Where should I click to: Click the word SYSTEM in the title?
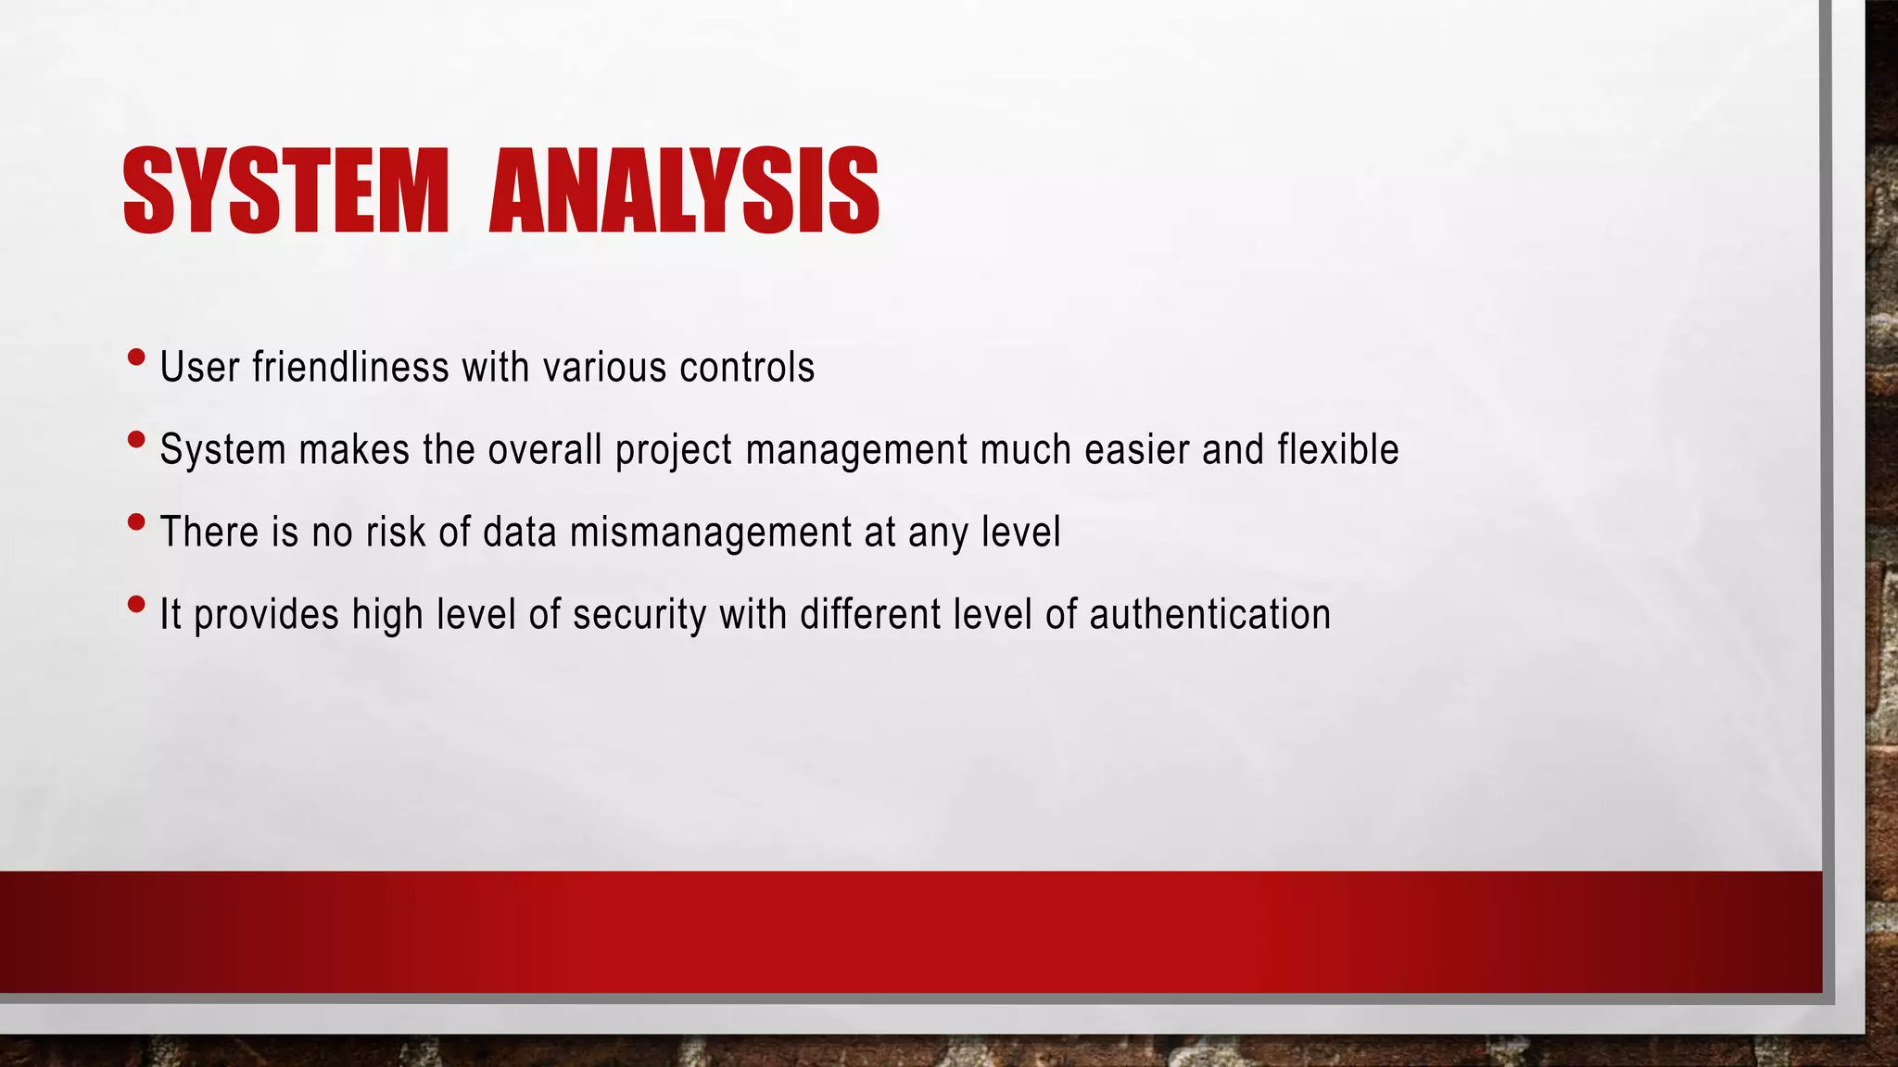[285, 191]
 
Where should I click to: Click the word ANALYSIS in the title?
[684, 191]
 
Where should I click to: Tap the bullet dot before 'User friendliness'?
[136, 358]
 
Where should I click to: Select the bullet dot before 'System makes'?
[136, 440]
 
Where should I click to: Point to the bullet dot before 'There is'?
[136, 522]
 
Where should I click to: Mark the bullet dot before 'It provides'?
[136, 605]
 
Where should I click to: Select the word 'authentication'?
[1209, 615]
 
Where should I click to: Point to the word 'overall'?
[545, 449]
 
